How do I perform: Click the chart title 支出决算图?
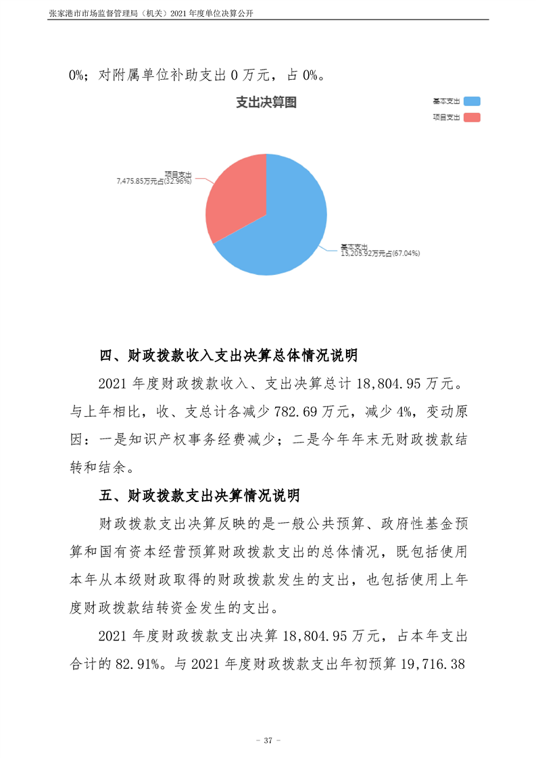click(266, 103)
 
